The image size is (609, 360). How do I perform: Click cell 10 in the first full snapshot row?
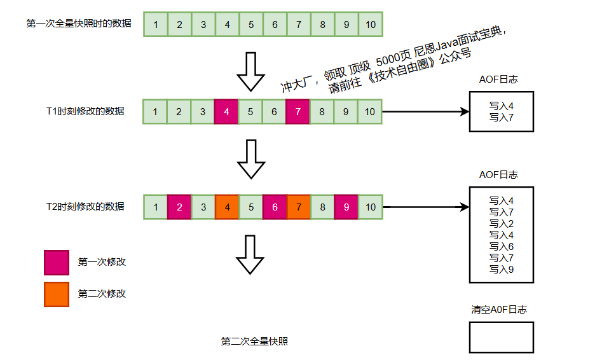(371, 25)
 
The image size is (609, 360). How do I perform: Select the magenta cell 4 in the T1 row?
(226, 112)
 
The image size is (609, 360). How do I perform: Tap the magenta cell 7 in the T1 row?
(298, 112)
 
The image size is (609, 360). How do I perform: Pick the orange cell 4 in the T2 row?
(227, 207)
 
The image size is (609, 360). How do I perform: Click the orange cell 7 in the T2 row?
(299, 207)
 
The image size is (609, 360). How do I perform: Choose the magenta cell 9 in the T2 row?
(346, 207)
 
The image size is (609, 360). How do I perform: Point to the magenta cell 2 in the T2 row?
(179, 207)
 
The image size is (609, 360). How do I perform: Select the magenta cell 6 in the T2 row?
(275, 207)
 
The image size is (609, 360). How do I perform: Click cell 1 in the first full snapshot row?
(156, 25)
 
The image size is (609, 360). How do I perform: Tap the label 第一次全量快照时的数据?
(79, 24)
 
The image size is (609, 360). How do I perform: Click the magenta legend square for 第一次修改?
(56, 262)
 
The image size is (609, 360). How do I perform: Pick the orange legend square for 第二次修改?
(56, 294)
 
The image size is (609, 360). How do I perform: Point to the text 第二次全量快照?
(254, 342)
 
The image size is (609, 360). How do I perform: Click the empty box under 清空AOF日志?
(501, 337)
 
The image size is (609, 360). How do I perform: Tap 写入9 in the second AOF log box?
(501, 270)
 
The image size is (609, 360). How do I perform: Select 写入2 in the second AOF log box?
(501, 224)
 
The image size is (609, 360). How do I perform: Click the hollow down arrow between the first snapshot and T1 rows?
(250, 72)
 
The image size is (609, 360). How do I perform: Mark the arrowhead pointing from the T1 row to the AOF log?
(463, 112)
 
